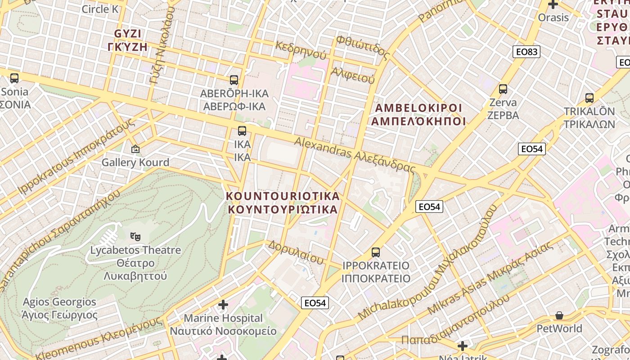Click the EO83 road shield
526,52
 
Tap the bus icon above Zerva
503,89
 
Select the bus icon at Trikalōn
589,98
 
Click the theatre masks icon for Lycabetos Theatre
135,235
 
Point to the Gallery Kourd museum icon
135,148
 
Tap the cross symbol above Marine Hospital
223,305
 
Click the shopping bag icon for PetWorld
559,315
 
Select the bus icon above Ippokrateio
376,252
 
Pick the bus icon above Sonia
14,78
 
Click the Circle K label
99,9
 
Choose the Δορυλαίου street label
296,252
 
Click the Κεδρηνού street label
301,50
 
